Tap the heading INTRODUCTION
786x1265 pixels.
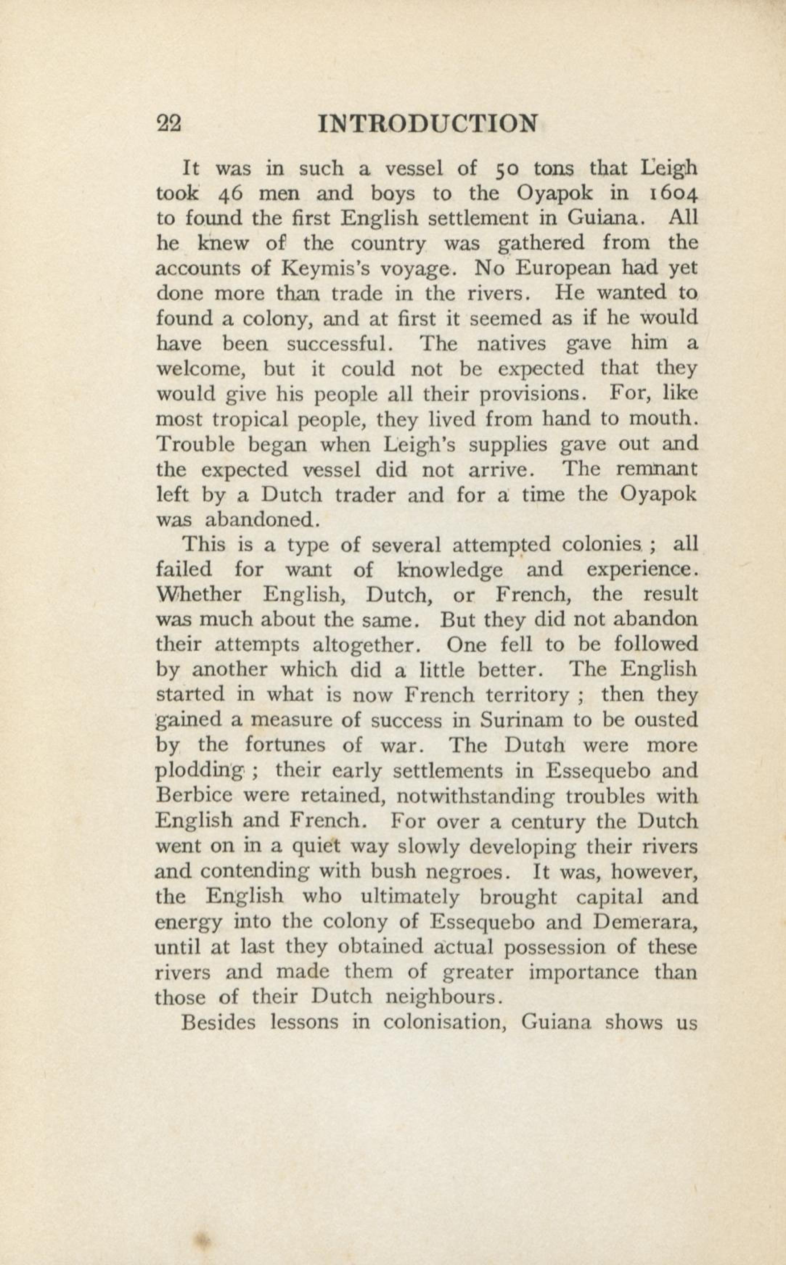pos(427,124)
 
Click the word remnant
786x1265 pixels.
pos(656,470)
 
